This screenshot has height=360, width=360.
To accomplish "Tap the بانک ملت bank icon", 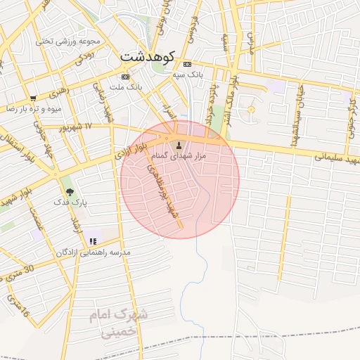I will (126, 77).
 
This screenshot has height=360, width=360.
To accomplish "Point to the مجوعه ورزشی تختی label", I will (68, 41).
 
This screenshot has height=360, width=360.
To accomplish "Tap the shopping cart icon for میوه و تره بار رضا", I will (33, 98).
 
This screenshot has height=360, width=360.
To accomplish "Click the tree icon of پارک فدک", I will (70, 191).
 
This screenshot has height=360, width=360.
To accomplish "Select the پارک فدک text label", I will (70, 202).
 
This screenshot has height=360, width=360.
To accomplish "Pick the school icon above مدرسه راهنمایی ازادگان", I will (94, 241).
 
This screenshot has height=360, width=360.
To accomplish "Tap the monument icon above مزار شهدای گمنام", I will (177, 146).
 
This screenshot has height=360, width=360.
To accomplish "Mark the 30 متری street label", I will (20, 271).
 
